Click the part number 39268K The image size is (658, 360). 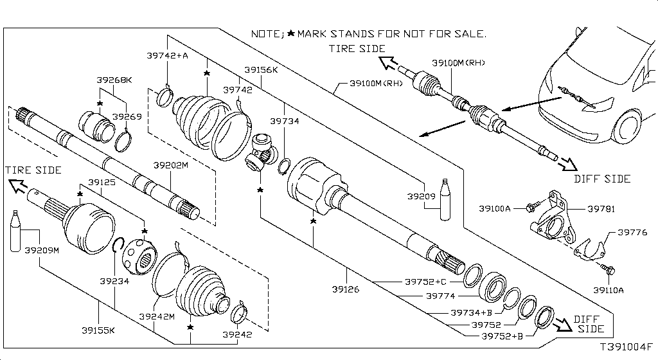114,80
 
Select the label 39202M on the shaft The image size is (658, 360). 170,165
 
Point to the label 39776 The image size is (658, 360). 633,232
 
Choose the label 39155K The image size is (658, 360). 98,330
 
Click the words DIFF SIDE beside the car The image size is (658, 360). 602,179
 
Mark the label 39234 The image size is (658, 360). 114,280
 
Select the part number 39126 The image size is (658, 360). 346,289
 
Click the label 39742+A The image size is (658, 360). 167,56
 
